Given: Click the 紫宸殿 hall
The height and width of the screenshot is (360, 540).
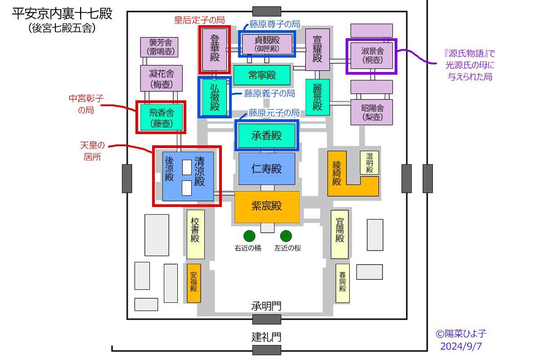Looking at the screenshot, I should (x=267, y=207).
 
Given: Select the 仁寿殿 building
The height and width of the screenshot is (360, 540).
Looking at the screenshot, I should (x=267, y=169).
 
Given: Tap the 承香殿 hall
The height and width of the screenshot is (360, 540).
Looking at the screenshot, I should (x=266, y=135).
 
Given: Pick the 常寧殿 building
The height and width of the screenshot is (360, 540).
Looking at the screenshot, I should (x=262, y=75).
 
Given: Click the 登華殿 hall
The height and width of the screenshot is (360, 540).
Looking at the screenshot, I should (x=215, y=49).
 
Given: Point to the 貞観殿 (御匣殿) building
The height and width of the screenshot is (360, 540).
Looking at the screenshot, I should (x=267, y=44).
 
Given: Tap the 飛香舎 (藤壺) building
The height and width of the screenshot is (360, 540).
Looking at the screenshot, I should (x=161, y=117).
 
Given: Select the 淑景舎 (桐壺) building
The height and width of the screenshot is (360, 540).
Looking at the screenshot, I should (x=372, y=56).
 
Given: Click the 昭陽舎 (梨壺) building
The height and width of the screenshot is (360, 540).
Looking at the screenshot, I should (x=372, y=112).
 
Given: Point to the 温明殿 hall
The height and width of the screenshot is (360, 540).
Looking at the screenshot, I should (x=369, y=162).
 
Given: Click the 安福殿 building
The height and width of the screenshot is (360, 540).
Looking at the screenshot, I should (x=193, y=283).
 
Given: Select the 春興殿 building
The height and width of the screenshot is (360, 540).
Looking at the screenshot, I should (x=342, y=283).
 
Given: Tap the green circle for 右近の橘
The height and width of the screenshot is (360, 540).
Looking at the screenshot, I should (x=249, y=236).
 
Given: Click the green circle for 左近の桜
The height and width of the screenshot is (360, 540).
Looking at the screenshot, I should (x=286, y=236).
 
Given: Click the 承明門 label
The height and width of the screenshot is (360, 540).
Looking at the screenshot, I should (x=266, y=306).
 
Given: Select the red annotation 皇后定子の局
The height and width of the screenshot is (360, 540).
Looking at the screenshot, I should (x=199, y=20).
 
